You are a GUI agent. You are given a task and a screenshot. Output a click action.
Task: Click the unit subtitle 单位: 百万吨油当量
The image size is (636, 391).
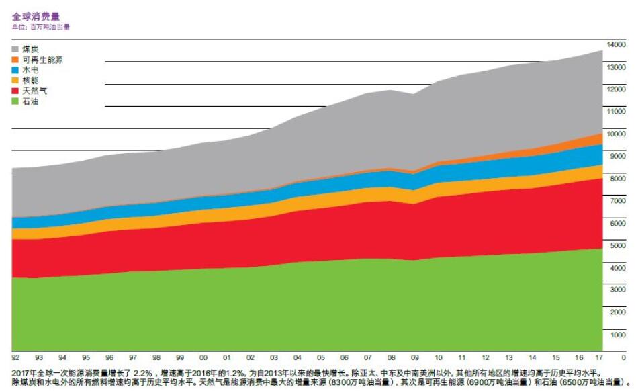point(41,27)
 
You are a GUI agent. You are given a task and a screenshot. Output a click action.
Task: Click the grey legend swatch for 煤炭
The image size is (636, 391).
point(16,49)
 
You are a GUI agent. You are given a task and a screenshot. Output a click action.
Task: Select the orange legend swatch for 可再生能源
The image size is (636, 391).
point(16,60)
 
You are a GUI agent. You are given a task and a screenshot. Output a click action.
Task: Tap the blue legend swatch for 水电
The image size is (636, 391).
point(16,70)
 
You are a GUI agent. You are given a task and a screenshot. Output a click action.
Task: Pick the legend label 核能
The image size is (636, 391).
point(30,81)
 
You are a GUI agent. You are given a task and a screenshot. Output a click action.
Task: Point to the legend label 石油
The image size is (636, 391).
point(30,101)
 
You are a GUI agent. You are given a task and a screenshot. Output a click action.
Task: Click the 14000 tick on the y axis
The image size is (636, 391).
point(616,44)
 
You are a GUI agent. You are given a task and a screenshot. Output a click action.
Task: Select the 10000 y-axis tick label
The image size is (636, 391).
point(616,134)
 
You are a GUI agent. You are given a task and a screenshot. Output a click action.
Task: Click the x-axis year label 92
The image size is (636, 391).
point(15,357)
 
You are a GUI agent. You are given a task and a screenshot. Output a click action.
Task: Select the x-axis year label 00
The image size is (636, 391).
point(203,357)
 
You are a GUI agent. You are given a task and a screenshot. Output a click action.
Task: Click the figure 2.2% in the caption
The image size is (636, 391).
point(139,372)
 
